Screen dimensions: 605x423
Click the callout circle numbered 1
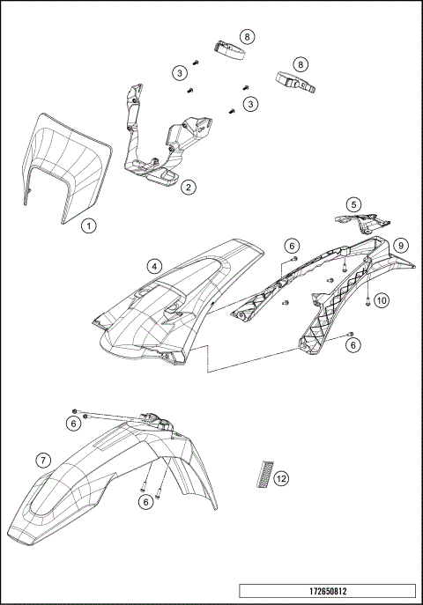(88, 225)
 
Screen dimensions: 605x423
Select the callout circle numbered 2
(188, 187)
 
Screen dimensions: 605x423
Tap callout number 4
(154, 264)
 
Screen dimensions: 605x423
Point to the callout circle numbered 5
(352, 204)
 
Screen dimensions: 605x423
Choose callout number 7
(41, 460)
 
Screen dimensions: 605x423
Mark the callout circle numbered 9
(400, 244)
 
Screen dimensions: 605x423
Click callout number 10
(381, 300)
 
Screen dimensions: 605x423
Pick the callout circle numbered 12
(281, 479)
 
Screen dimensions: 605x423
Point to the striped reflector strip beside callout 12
(261, 474)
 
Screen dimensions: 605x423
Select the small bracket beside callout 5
(357, 221)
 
